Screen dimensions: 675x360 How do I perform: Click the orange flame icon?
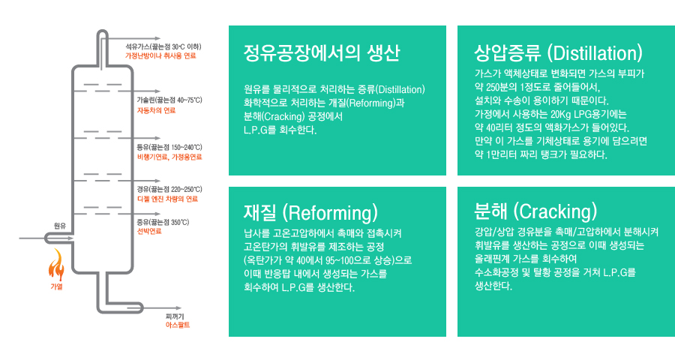pyautogui.click(x=56, y=265)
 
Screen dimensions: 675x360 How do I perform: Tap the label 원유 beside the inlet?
pyautogui.click(x=60, y=226)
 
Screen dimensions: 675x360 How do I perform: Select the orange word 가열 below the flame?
pyautogui.click(x=56, y=286)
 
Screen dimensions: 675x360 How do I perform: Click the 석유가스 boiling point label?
pyautogui.click(x=163, y=46)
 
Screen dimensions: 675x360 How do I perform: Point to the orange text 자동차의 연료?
pyautogui.click(x=156, y=110)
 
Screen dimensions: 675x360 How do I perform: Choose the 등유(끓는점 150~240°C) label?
pyautogui.click(x=169, y=147)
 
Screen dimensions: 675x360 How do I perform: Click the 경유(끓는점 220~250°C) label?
pyautogui.click(x=169, y=189)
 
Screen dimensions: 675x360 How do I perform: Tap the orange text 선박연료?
pyautogui.click(x=149, y=231)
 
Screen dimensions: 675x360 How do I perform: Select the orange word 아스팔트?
pyautogui.click(x=178, y=325)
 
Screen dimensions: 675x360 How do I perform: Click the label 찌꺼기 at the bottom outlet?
pyautogui.click(x=175, y=316)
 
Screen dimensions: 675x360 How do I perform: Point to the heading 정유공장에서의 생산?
pyautogui.click(x=322, y=52)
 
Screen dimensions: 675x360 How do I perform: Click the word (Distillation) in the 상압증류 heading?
pyautogui.click(x=595, y=53)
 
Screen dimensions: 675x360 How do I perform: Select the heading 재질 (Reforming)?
pyautogui.click(x=310, y=212)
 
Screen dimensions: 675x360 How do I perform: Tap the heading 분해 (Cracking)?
pyautogui.click(x=535, y=211)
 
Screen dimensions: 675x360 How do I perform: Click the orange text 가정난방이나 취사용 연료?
pyautogui.click(x=160, y=56)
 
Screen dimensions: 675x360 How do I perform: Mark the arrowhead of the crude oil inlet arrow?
pyautogui.click(x=71, y=238)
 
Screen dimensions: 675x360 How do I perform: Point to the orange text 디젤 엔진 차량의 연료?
pyautogui.click(x=167, y=199)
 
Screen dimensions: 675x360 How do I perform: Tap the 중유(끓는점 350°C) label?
pyautogui.click(x=163, y=222)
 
